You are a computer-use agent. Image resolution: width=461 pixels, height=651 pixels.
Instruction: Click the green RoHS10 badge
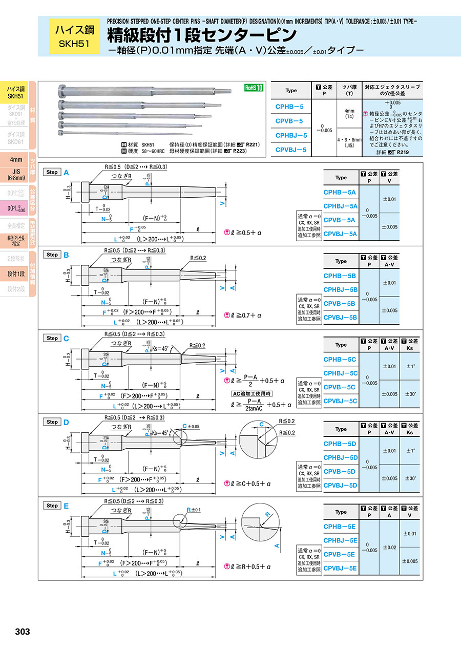pyautogui.click(x=254, y=88)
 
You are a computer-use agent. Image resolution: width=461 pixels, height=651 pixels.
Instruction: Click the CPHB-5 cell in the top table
pyautogui.click(x=290, y=107)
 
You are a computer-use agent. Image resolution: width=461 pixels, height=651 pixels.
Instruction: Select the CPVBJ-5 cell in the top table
pyautogui.click(x=290, y=150)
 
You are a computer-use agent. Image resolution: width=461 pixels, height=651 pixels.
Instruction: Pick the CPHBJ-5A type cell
pyautogui.click(x=340, y=206)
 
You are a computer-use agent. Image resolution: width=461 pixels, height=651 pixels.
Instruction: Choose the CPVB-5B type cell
pyautogui.click(x=340, y=303)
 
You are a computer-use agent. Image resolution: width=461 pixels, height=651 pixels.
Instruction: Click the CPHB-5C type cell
pyautogui.click(x=340, y=359)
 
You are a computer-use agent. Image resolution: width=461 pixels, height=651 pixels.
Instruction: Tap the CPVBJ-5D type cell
pyautogui.click(x=340, y=485)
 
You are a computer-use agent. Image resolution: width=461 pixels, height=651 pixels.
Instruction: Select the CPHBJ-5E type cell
pyautogui.click(x=340, y=540)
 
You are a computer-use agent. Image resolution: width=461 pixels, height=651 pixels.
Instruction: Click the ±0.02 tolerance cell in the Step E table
pyautogui.click(x=389, y=547)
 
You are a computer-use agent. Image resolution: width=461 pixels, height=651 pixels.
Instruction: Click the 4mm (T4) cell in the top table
pyautogui.click(x=349, y=114)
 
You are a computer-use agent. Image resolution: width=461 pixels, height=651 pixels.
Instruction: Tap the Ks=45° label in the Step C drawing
pyautogui.click(x=162, y=348)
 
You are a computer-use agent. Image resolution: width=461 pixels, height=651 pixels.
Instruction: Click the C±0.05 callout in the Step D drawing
pyautogui.click(x=192, y=426)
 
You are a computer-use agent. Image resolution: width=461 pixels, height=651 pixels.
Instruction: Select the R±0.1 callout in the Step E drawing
pyautogui.click(x=194, y=510)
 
